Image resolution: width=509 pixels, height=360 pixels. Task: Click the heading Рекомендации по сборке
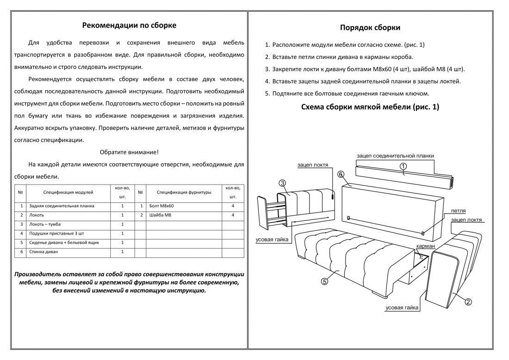click(129, 25)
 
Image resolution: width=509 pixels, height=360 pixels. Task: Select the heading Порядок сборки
click(370, 27)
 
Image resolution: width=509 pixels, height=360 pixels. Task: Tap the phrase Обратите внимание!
click(129, 152)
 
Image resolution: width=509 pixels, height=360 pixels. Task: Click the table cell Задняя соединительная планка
click(62, 206)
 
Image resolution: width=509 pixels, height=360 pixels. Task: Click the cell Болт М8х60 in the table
click(162, 206)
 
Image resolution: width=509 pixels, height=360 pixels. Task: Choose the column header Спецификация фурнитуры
click(184, 192)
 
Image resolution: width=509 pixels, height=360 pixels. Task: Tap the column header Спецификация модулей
click(68, 192)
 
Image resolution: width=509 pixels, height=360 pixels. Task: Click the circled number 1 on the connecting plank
click(403, 166)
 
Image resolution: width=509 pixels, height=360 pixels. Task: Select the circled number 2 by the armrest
click(468, 302)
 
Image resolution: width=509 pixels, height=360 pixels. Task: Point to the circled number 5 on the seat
click(324, 281)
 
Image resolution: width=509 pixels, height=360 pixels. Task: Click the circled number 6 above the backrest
click(341, 174)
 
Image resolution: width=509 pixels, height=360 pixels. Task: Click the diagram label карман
click(425, 247)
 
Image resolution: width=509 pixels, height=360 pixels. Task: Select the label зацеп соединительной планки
click(395, 156)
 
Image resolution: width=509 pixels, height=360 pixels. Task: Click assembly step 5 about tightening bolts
click(347, 93)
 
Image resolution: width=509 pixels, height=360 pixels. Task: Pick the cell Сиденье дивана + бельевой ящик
click(64, 242)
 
